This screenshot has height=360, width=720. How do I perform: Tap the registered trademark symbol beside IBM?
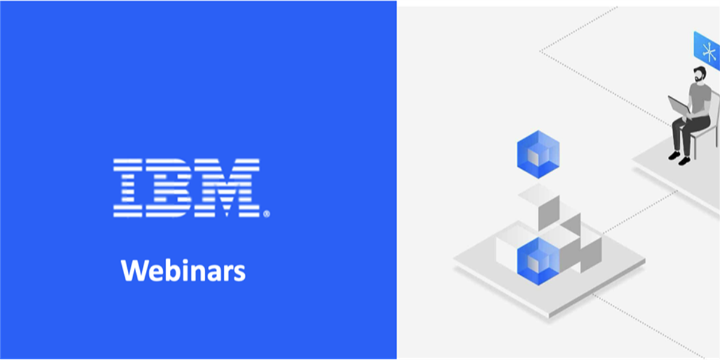coord(266,213)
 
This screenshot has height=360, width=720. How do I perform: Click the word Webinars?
coord(183,271)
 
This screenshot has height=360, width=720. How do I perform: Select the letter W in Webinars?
coord(133,271)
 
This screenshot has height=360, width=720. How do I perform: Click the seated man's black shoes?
coord(679,158)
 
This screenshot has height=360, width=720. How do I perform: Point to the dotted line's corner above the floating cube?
coord(539,51)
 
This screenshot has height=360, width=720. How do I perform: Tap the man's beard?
coord(698,79)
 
